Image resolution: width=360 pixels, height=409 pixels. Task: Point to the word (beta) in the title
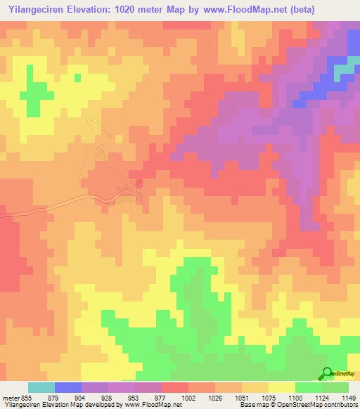click(300, 9)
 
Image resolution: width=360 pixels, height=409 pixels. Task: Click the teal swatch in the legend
click(41, 387)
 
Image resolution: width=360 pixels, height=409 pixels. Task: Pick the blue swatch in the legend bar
click(68, 387)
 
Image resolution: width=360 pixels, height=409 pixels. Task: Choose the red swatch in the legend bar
click(175, 387)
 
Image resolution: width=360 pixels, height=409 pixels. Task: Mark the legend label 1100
click(297, 399)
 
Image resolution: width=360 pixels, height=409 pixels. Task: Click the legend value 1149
click(349, 399)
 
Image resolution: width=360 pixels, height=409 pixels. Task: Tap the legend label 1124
click(323, 399)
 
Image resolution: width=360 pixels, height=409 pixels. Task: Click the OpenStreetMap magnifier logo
click(326, 372)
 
